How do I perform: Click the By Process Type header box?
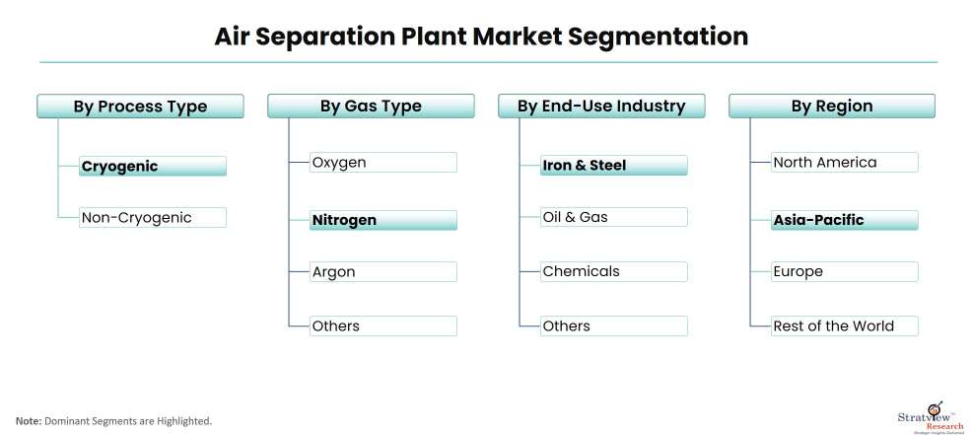[x=140, y=107]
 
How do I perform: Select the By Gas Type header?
[x=371, y=107]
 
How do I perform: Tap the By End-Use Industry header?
[x=601, y=107]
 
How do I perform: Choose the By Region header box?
[x=832, y=107]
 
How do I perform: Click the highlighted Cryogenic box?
[x=153, y=166]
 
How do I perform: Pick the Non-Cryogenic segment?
[x=153, y=217]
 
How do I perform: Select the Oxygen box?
[x=383, y=162]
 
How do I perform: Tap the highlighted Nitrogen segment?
[x=383, y=220]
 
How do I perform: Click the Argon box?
[x=383, y=271]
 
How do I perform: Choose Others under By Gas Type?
[x=383, y=326]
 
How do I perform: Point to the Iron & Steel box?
[x=614, y=166]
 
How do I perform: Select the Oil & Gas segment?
[x=614, y=217]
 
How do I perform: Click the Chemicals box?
[x=614, y=271]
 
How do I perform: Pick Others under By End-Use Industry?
[x=614, y=326]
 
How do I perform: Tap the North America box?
[x=845, y=162]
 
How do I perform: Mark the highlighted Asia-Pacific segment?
[x=845, y=220]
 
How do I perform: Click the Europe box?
[x=845, y=271]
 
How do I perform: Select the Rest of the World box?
[x=845, y=326]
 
